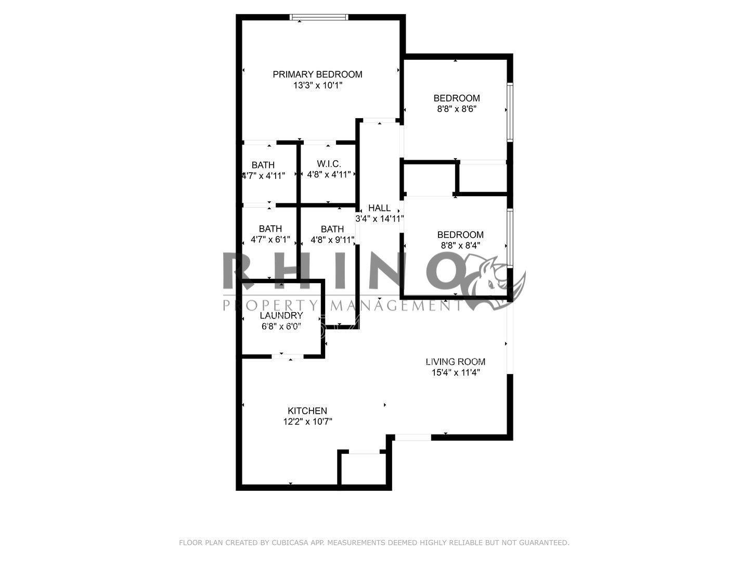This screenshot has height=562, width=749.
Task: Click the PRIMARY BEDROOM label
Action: pos(317,74)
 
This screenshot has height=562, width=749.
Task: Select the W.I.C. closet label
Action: pos(329,164)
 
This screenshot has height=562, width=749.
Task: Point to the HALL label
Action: pos(379,208)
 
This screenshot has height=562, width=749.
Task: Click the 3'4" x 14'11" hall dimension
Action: pos(379,219)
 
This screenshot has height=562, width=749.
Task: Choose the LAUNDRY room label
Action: pos(281,315)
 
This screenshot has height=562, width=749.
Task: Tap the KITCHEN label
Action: pos(307,411)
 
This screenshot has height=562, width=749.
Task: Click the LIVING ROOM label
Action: pos(455,362)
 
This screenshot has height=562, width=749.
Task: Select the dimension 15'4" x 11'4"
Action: pos(455,373)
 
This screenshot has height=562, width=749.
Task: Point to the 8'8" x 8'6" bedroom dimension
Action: pos(457,109)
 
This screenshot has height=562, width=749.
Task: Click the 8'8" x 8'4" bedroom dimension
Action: pos(460,246)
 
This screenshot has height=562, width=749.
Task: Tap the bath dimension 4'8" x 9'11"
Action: pos(332,240)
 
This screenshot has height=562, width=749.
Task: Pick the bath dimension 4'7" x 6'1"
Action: pos(270,240)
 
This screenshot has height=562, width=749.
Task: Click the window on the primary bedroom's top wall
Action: pos(319,18)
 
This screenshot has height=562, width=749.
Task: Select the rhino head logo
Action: pos(494,284)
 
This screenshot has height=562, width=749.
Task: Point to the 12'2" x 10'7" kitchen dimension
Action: pos(307,422)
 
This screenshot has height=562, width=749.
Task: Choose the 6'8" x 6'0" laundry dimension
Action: pos(281,327)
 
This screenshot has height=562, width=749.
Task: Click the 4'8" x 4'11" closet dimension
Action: pos(329,175)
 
